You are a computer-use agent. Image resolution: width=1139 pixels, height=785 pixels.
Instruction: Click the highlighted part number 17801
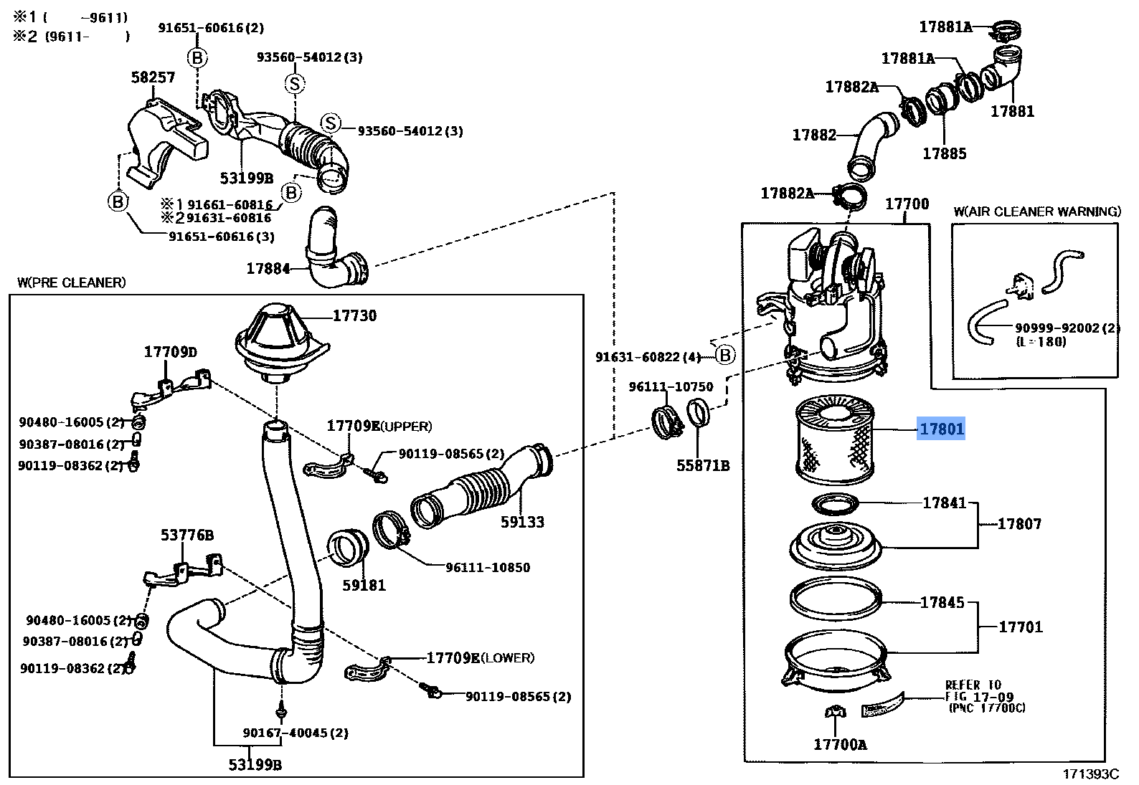pyautogui.click(x=941, y=429)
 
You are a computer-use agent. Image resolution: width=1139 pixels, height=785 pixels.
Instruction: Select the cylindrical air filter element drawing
pyautogui.click(x=835, y=440)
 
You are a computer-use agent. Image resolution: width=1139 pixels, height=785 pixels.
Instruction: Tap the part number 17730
pyautogui.click(x=354, y=315)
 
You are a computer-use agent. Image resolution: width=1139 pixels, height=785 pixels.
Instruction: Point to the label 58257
pyautogui.click(x=153, y=77)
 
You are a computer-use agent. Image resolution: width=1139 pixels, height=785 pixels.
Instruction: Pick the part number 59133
pyautogui.click(x=522, y=522)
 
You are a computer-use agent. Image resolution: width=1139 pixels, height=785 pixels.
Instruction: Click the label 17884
pyautogui.click(x=268, y=268)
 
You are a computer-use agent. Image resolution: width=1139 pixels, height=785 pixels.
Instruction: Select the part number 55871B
pyautogui.click(x=703, y=466)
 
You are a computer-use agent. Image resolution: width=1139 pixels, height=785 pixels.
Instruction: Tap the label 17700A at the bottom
pyautogui.click(x=840, y=744)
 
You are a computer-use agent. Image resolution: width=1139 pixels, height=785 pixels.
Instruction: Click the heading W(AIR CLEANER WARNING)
pyautogui.click(x=1037, y=211)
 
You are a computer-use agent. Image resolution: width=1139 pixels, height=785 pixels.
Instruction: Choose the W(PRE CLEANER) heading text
pyautogui.click(x=72, y=282)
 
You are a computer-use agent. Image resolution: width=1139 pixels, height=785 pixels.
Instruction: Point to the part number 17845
pyautogui.click(x=942, y=602)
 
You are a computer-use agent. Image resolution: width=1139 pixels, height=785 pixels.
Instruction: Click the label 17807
pyautogui.click(x=1020, y=524)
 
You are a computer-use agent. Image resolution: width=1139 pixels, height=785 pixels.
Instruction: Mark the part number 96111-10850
pyautogui.click(x=488, y=567)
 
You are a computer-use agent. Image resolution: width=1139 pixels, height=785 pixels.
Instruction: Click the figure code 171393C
pyautogui.click(x=1090, y=774)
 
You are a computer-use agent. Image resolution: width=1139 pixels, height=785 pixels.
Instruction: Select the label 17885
pyautogui.click(x=944, y=153)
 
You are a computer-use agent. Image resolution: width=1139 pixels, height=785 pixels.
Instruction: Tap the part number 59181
pyautogui.click(x=364, y=585)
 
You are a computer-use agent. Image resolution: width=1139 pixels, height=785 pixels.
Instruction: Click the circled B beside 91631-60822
pyautogui.click(x=725, y=356)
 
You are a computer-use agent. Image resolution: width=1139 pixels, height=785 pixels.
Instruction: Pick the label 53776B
pyautogui.click(x=186, y=535)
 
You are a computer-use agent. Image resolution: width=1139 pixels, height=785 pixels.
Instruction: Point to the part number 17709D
pyautogui.click(x=170, y=352)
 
